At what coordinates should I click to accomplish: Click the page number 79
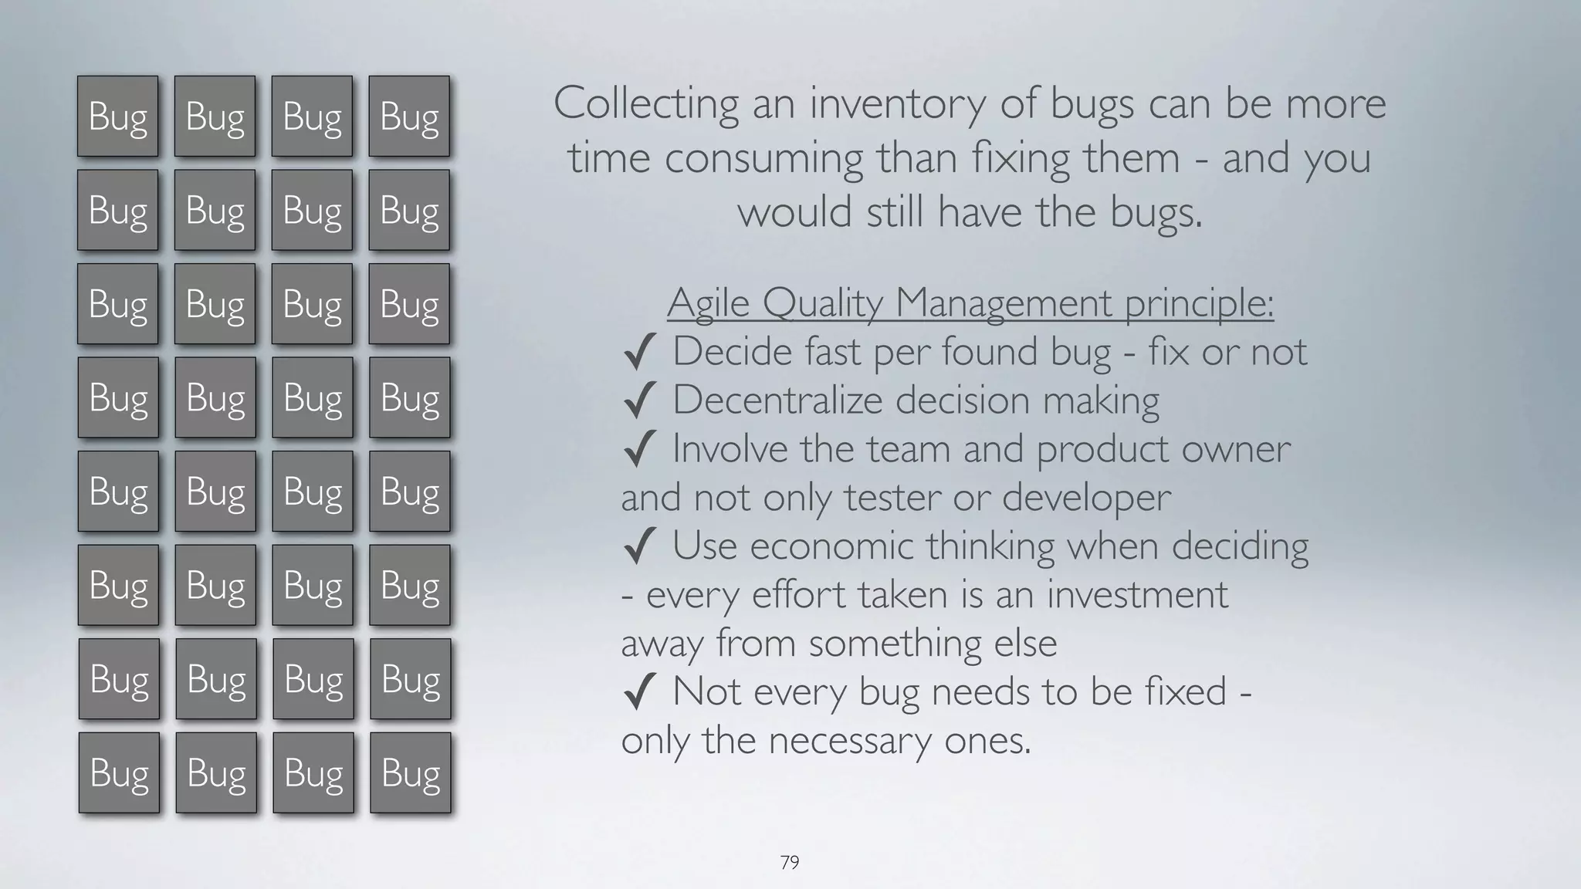(789, 862)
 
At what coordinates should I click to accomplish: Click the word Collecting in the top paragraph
(645, 104)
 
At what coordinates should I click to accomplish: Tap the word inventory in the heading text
(896, 104)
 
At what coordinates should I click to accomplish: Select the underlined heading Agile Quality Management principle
(970, 303)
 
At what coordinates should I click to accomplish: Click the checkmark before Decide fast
(639, 353)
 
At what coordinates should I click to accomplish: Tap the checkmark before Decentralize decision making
(639, 401)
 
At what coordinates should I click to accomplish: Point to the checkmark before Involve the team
(639, 450)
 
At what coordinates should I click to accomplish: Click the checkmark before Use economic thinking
(639, 546)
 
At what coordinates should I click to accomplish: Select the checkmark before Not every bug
(639, 692)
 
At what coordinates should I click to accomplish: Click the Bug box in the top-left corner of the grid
(117, 117)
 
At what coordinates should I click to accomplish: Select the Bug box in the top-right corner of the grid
(409, 117)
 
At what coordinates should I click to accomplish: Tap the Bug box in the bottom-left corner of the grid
(119, 772)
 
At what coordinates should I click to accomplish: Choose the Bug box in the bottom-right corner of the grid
(411, 772)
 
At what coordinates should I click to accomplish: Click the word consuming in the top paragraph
(763, 158)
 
